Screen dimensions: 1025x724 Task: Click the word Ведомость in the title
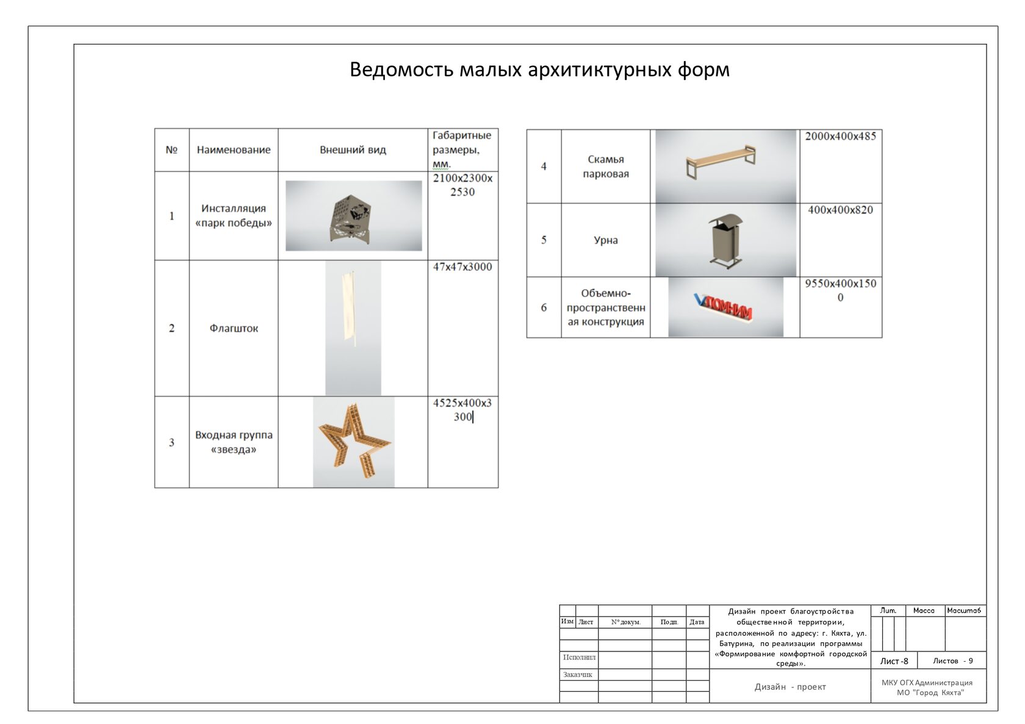[401, 70]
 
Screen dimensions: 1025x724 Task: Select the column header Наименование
[233, 149]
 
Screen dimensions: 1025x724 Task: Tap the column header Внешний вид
[353, 149]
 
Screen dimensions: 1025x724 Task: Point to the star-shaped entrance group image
[354, 442]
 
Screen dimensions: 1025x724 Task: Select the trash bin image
[726, 240]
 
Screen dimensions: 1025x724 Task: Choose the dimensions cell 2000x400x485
[840, 136]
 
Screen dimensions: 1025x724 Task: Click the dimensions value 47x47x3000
[462, 267]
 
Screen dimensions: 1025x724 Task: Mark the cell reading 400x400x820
[840, 210]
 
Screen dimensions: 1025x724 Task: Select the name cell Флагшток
[233, 328]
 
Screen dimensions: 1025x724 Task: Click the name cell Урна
[605, 240]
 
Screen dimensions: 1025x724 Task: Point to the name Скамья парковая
[605, 167]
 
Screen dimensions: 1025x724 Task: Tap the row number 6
[544, 307]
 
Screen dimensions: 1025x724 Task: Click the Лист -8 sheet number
[894, 661]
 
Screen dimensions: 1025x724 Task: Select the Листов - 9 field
[953, 661]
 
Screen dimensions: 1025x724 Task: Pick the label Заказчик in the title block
[577, 674]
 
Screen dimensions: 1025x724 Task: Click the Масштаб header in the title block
[964, 611]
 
